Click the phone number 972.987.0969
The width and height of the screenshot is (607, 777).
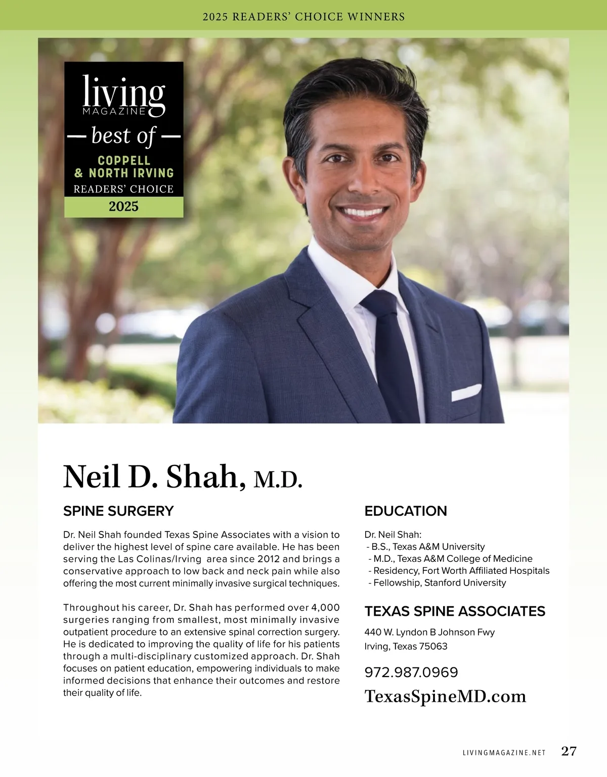[x=411, y=672]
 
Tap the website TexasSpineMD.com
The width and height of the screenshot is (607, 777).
[x=445, y=696]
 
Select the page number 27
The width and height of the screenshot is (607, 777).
[x=569, y=751]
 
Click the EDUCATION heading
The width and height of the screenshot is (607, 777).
[x=406, y=511]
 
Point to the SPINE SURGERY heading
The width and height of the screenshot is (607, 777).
[x=118, y=511]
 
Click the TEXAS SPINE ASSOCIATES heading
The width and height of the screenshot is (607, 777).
[x=455, y=611]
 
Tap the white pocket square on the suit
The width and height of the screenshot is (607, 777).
[x=466, y=392]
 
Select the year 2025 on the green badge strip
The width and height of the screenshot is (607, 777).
[x=123, y=207]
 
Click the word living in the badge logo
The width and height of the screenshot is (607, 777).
[x=123, y=92]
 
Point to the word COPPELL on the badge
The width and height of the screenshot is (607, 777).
[x=124, y=161]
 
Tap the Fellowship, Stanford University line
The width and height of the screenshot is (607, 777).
[x=439, y=583]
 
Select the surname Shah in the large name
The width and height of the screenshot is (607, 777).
[x=202, y=476]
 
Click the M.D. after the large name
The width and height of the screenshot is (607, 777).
[x=278, y=479]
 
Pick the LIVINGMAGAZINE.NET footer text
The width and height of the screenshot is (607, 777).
[x=504, y=752]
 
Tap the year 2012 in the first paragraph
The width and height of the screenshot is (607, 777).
[x=269, y=559]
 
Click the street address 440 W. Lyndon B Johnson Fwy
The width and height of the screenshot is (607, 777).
[x=429, y=633]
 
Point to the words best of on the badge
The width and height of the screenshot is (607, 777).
[x=123, y=136]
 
